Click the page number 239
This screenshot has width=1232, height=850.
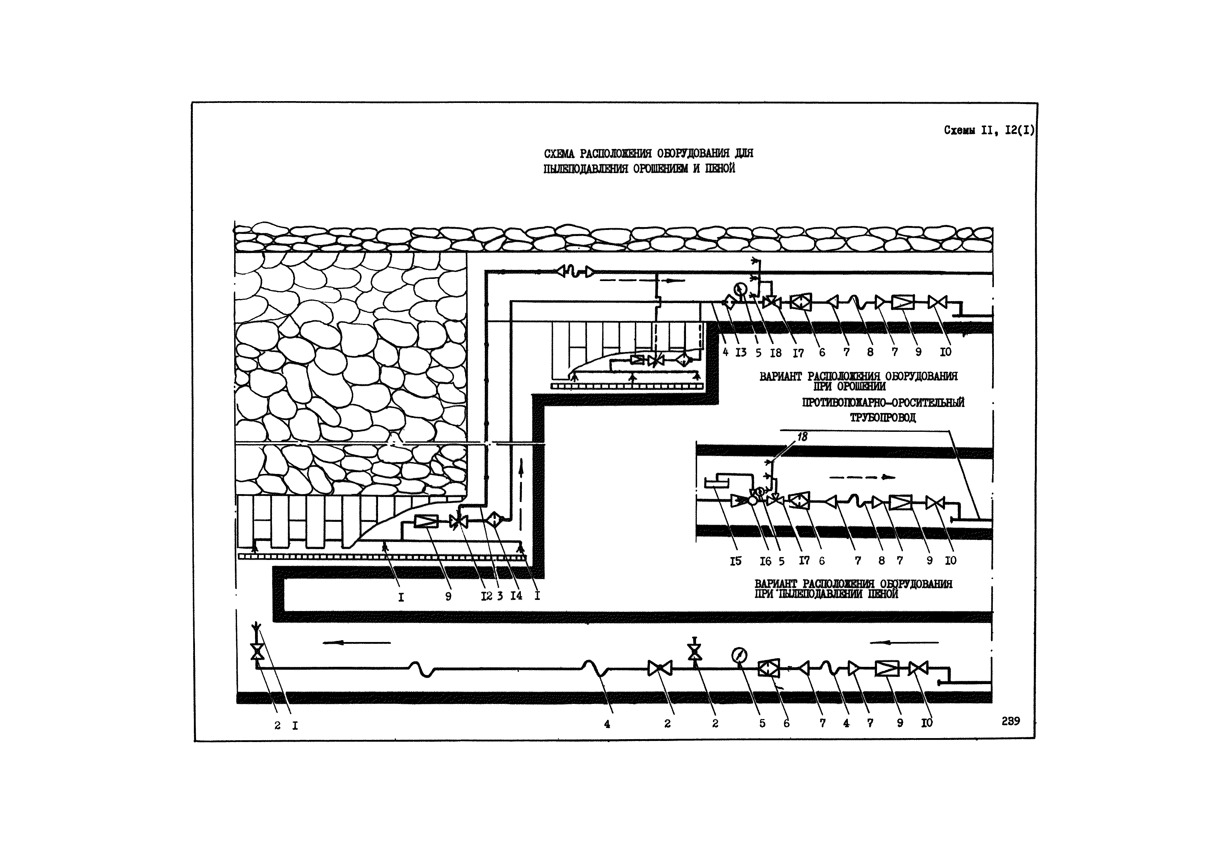[1010, 721]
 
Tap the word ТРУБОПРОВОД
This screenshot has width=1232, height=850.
[882, 417]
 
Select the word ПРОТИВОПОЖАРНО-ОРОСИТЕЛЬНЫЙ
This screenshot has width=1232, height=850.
[883, 403]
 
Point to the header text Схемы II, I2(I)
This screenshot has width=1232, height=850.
[989, 131]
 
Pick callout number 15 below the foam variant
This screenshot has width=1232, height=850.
[735, 561]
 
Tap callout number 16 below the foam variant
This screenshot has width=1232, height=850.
[765, 561]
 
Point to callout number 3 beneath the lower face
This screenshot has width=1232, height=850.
[500, 596]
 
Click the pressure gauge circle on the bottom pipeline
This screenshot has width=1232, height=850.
[740, 655]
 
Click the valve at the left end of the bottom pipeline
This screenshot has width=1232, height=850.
[258, 651]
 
